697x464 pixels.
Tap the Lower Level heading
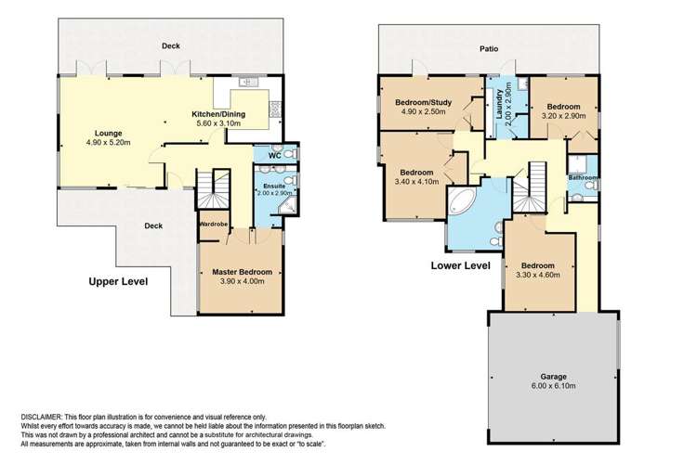(x=460, y=265)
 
